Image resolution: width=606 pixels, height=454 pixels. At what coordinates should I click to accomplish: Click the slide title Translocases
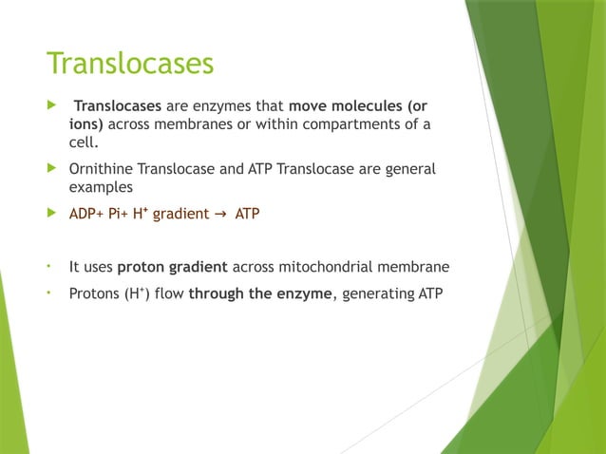(x=130, y=64)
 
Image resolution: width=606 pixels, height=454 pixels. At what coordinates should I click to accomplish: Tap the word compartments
(x=364, y=124)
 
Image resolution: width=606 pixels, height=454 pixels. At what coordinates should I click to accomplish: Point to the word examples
(x=101, y=188)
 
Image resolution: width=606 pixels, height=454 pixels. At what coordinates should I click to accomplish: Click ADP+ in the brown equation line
(x=87, y=215)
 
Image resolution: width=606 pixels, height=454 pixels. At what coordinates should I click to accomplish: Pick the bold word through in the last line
(x=217, y=293)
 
